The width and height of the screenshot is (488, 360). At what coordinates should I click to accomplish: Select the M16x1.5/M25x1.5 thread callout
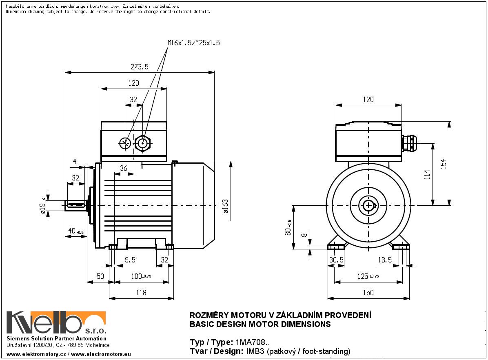click(x=193, y=42)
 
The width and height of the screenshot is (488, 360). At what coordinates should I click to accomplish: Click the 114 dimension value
click(x=427, y=175)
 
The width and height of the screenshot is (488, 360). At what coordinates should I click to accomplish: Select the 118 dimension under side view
click(x=141, y=292)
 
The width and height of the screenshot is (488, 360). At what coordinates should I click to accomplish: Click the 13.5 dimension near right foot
click(x=385, y=260)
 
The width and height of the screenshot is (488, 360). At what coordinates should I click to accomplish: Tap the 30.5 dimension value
click(x=336, y=260)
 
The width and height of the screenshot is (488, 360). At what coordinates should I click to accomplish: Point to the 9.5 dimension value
click(x=130, y=260)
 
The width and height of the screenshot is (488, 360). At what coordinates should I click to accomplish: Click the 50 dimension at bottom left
click(x=100, y=276)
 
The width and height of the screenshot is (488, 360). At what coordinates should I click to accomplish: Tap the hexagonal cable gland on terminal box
click(x=142, y=143)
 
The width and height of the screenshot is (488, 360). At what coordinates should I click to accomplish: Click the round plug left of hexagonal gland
click(x=124, y=143)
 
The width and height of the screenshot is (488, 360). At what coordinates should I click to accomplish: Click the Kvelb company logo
click(x=56, y=323)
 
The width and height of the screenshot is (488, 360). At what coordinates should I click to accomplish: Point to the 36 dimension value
click(x=123, y=168)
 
